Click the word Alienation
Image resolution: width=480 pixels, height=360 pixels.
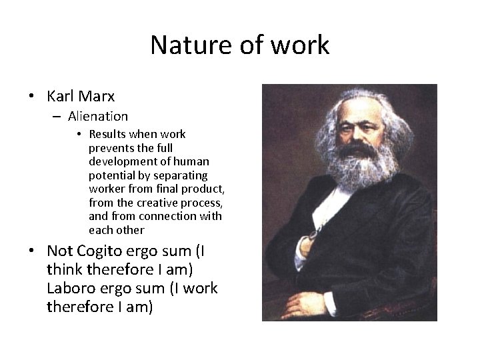tap(97, 116)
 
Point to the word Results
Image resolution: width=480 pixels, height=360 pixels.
tap(109, 134)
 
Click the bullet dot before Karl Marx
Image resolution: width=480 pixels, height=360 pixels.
tap(32, 97)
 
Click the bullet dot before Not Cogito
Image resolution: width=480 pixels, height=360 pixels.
tap(32, 251)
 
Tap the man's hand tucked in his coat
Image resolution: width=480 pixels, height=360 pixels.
tap(309, 244)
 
